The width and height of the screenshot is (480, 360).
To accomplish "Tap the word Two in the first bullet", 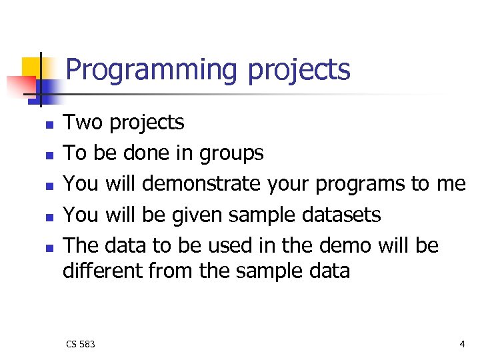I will point(83,122).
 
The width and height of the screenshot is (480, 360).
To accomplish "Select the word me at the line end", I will point(450,184).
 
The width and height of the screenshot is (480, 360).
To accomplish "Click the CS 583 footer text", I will point(80,344).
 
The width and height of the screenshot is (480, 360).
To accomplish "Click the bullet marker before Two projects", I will point(48,125).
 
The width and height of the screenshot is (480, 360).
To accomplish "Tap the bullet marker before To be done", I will point(48,155).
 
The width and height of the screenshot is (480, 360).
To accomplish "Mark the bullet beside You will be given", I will point(48,217).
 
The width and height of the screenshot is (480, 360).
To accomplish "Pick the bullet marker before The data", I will point(48,247).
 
